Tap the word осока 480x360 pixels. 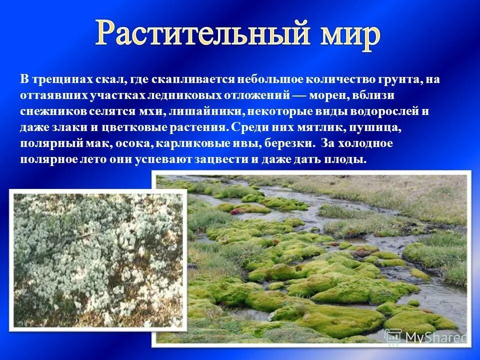click(134, 143)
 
